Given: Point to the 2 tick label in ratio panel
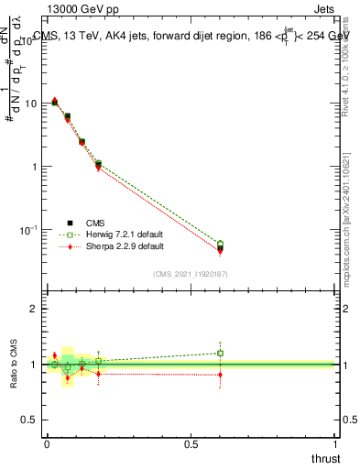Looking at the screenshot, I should coord(33,309).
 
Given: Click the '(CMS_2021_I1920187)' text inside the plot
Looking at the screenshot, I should coord(191,273).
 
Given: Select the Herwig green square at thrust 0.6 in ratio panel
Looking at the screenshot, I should coord(220,353).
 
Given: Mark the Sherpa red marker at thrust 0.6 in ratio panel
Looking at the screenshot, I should coord(220,374).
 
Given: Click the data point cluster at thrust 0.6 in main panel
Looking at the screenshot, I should coord(220,246).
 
